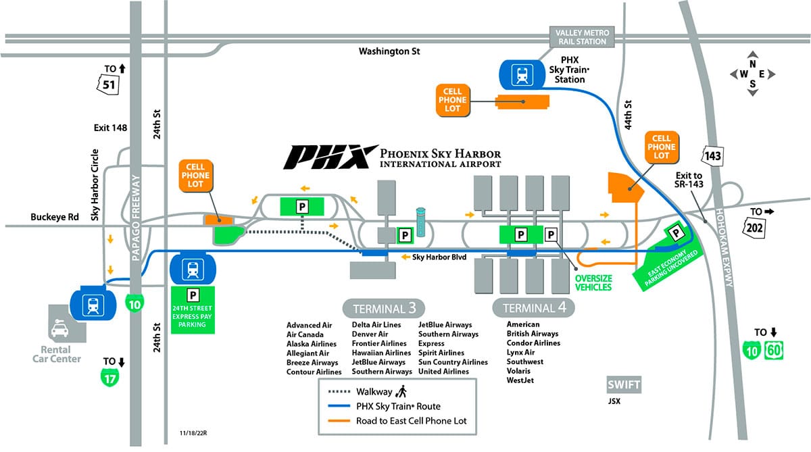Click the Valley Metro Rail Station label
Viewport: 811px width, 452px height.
(582, 38)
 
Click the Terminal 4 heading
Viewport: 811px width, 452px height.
(533, 308)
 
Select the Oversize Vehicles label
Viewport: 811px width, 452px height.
(593, 282)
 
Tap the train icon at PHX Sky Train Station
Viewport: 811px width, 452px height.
(522, 74)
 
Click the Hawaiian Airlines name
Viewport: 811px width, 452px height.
(380, 353)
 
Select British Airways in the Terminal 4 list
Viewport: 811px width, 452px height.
(532, 334)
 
